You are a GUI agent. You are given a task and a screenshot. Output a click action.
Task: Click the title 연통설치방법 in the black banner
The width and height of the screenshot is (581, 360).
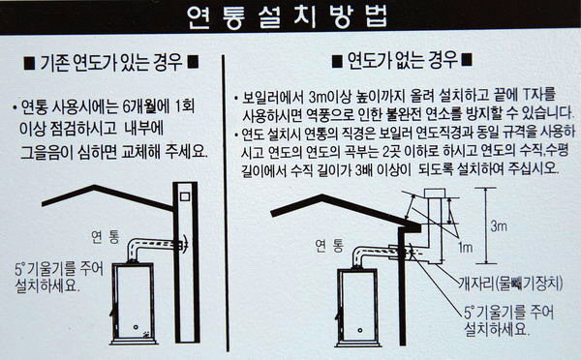tap(290, 16)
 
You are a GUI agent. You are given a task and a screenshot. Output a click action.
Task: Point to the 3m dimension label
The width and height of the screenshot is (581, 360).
tap(499, 228)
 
